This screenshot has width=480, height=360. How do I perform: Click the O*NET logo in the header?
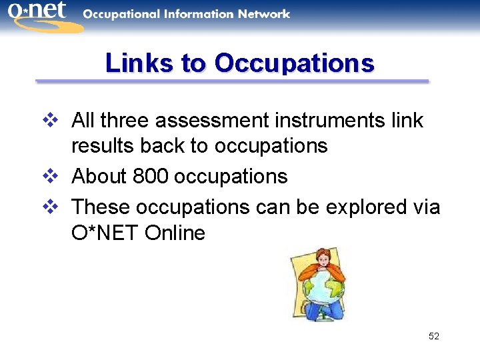(39, 15)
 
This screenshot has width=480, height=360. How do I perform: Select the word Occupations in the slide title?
(294, 63)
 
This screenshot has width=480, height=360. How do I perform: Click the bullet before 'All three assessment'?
(53, 121)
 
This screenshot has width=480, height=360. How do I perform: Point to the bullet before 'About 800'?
(53, 177)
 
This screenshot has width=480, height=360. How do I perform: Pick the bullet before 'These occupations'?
(53, 207)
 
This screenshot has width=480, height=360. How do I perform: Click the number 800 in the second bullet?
(151, 177)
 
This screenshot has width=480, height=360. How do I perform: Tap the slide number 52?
(434, 336)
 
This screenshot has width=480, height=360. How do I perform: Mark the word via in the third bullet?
(425, 207)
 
